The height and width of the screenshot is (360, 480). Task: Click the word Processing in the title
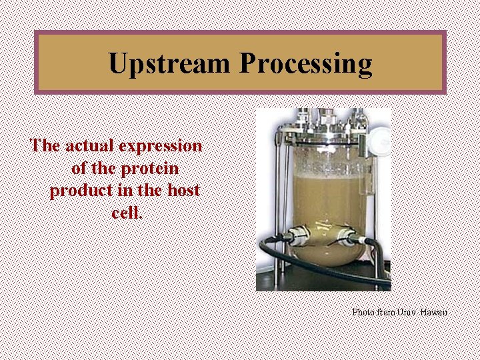(305, 64)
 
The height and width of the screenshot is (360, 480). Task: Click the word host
(183, 191)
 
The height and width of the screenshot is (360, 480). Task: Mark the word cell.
(127, 213)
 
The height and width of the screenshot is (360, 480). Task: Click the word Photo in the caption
(363, 312)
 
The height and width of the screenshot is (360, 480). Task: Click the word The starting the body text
(45, 145)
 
